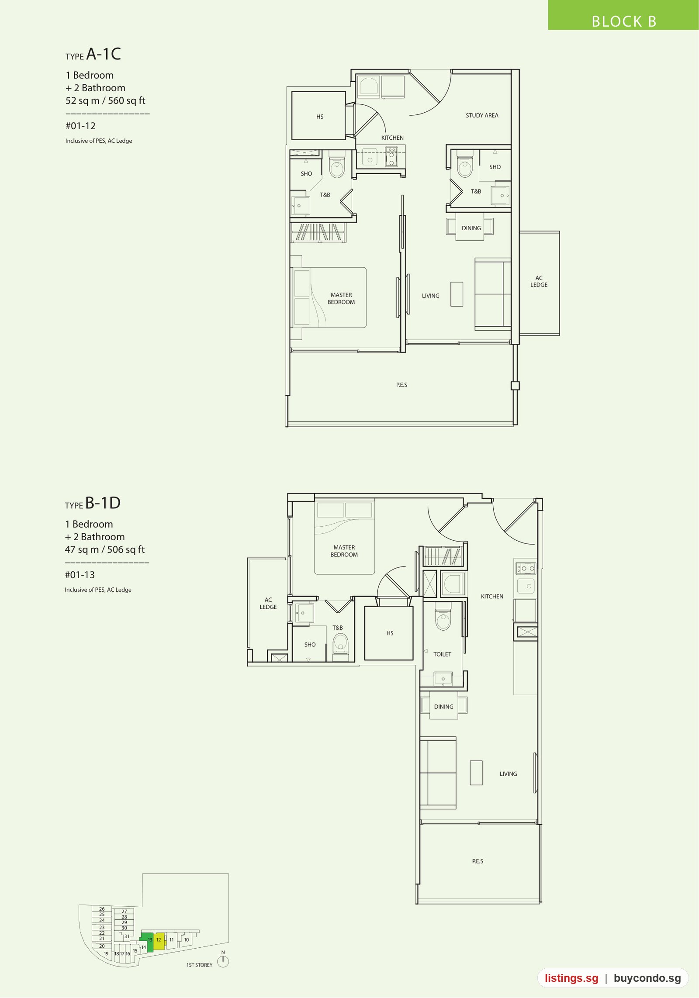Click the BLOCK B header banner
(x=623, y=15)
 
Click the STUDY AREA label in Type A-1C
(x=482, y=115)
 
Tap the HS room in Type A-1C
(x=319, y=116)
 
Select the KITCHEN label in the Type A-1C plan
(x=392, y=138)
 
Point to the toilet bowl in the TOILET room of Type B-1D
(x=443, y=616)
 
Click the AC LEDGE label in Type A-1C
(x=539, y=281)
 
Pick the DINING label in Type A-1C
(x=471, y=228)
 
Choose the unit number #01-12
(x=80, y=126)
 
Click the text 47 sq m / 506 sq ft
(x=104, y=549)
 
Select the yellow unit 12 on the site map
(x=159, y=940)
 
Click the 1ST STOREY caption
(x=199, y=965)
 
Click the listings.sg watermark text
(x=571, y=978)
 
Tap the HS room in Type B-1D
(x=389, y=633)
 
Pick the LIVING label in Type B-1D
(x=508, y=774)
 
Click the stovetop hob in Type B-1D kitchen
(x=526, y=568)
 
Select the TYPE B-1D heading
(x=93, y=503)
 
